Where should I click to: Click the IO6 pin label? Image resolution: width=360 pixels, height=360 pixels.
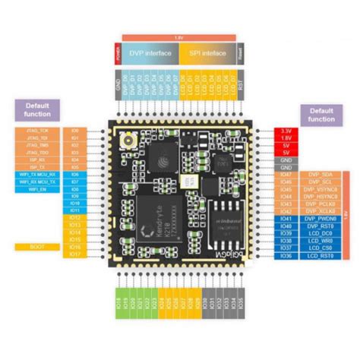[x=74, y=173]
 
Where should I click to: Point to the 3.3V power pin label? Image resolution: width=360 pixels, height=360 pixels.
[x=286, y=131]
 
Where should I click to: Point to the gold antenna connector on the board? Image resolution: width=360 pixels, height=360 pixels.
[x=126, y=139]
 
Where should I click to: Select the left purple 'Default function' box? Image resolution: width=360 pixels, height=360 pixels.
[x=38, y=109]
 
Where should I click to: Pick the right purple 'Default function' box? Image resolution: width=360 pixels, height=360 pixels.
[x=322, y=115]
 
